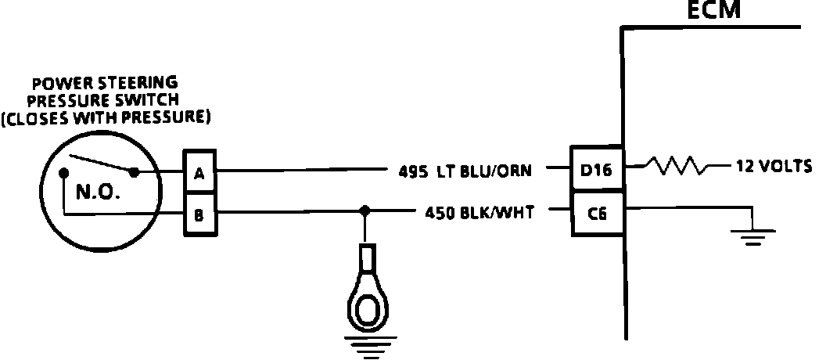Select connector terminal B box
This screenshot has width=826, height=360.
point(199,213)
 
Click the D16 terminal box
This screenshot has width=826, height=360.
point(596,167)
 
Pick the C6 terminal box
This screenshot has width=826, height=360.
point(596,211)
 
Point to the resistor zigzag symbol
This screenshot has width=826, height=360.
point(678,166)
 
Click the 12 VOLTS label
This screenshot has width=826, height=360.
point(770,166)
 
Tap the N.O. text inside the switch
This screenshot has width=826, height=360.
point(98,192)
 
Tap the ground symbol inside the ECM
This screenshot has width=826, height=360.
point(752,235)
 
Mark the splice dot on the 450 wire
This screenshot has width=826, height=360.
point(364,211)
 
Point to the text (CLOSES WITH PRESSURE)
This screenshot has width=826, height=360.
point(106,119)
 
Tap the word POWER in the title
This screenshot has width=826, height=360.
point(60,81)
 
